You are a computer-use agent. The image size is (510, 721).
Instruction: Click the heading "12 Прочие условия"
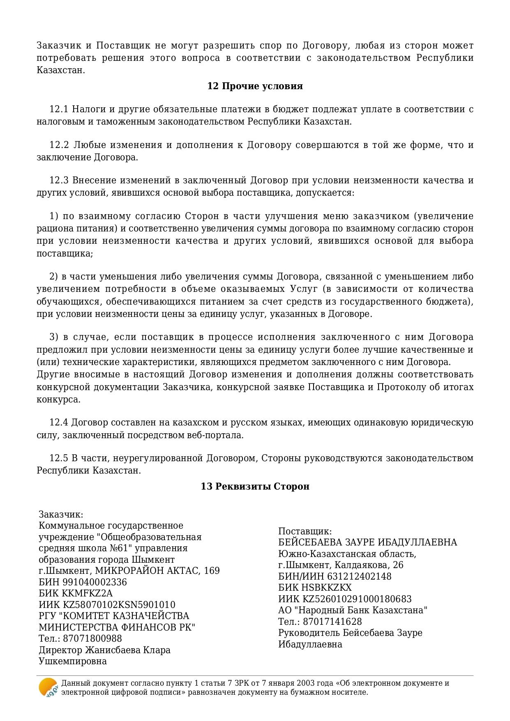[255, 86]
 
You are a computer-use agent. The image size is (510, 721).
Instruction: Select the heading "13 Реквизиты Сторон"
[255, 486]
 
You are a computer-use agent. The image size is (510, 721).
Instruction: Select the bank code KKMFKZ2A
[87, 594]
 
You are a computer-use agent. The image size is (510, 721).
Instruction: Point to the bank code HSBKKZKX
[327, 588]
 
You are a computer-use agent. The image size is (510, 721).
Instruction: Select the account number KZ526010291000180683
[357, 599]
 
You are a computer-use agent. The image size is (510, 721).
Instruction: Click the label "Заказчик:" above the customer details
[61, 515]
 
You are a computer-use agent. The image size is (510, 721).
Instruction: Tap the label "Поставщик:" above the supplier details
[305, 532]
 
